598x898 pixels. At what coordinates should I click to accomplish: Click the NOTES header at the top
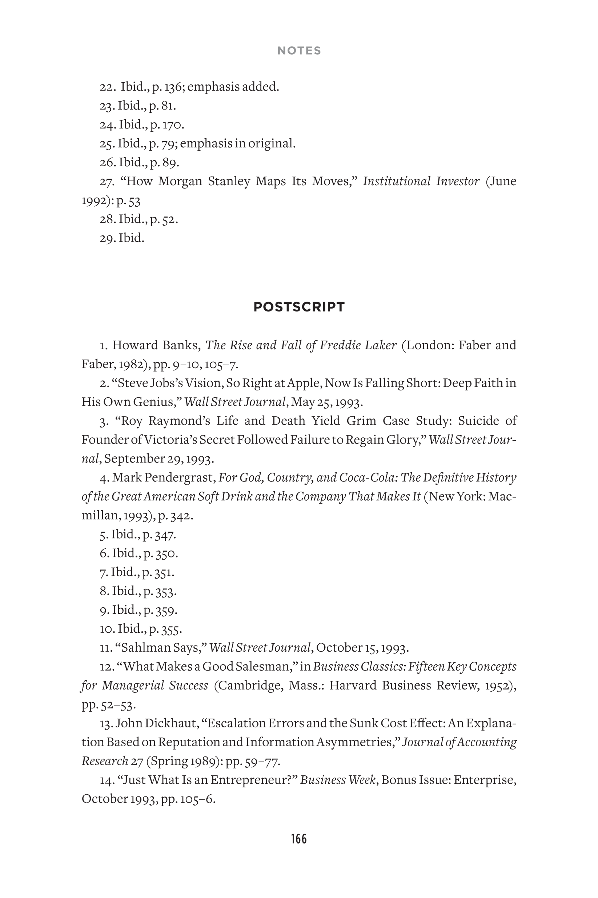[x=299, y=51]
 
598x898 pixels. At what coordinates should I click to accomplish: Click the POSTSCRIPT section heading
[x=299, y=307]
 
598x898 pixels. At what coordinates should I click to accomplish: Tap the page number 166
[x=298, y=839]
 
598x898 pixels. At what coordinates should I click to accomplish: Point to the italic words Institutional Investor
[x=421, y=181]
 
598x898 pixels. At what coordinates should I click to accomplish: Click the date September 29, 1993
[x=158, y=459]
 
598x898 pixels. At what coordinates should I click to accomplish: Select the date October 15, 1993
[x=362, y=648]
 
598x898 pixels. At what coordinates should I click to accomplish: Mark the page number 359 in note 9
[x=166, y=610]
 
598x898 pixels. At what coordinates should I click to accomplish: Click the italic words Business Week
[x=337, y=780]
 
